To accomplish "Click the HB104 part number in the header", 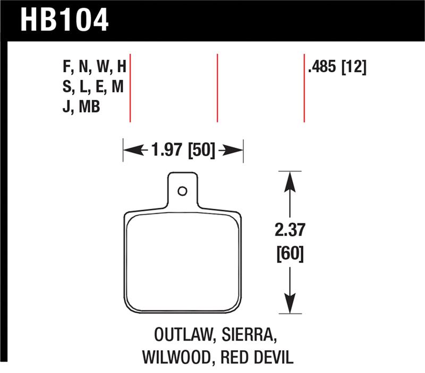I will pos(64,20).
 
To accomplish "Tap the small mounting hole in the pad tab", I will pos(182,191).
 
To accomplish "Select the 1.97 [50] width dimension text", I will pos(183,151).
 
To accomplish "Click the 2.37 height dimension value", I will pos(289,232).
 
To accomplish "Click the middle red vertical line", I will pos(217,88).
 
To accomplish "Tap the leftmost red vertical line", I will pos(130,88).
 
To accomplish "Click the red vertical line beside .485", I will pos(304,88).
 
